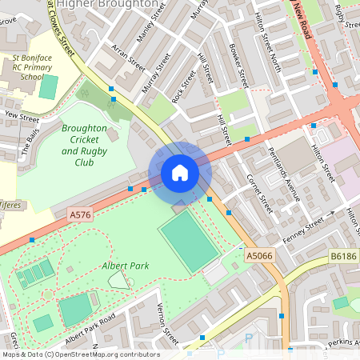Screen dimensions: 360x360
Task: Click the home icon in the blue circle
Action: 180,173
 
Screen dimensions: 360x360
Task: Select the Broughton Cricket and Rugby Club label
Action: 84,145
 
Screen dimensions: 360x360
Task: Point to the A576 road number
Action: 80,215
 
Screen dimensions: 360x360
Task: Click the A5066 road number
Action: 259,255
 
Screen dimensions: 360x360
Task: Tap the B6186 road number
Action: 344,256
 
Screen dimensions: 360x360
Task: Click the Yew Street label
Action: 22,117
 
